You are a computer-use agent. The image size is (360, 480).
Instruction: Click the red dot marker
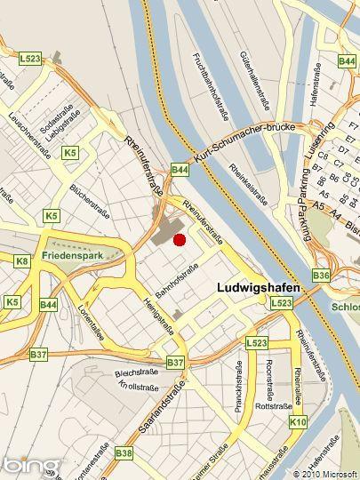click(179, 239)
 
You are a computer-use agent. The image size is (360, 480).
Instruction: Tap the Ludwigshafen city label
click(259, 289)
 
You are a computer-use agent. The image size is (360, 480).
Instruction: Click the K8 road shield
click(22, 261)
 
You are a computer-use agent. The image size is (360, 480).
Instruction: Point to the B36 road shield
click(321, 276)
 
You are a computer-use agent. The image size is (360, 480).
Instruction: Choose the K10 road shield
click(298, 421)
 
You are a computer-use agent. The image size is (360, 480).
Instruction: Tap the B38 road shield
click(124, 453)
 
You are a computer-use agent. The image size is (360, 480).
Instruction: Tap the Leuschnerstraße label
click(29, 137)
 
